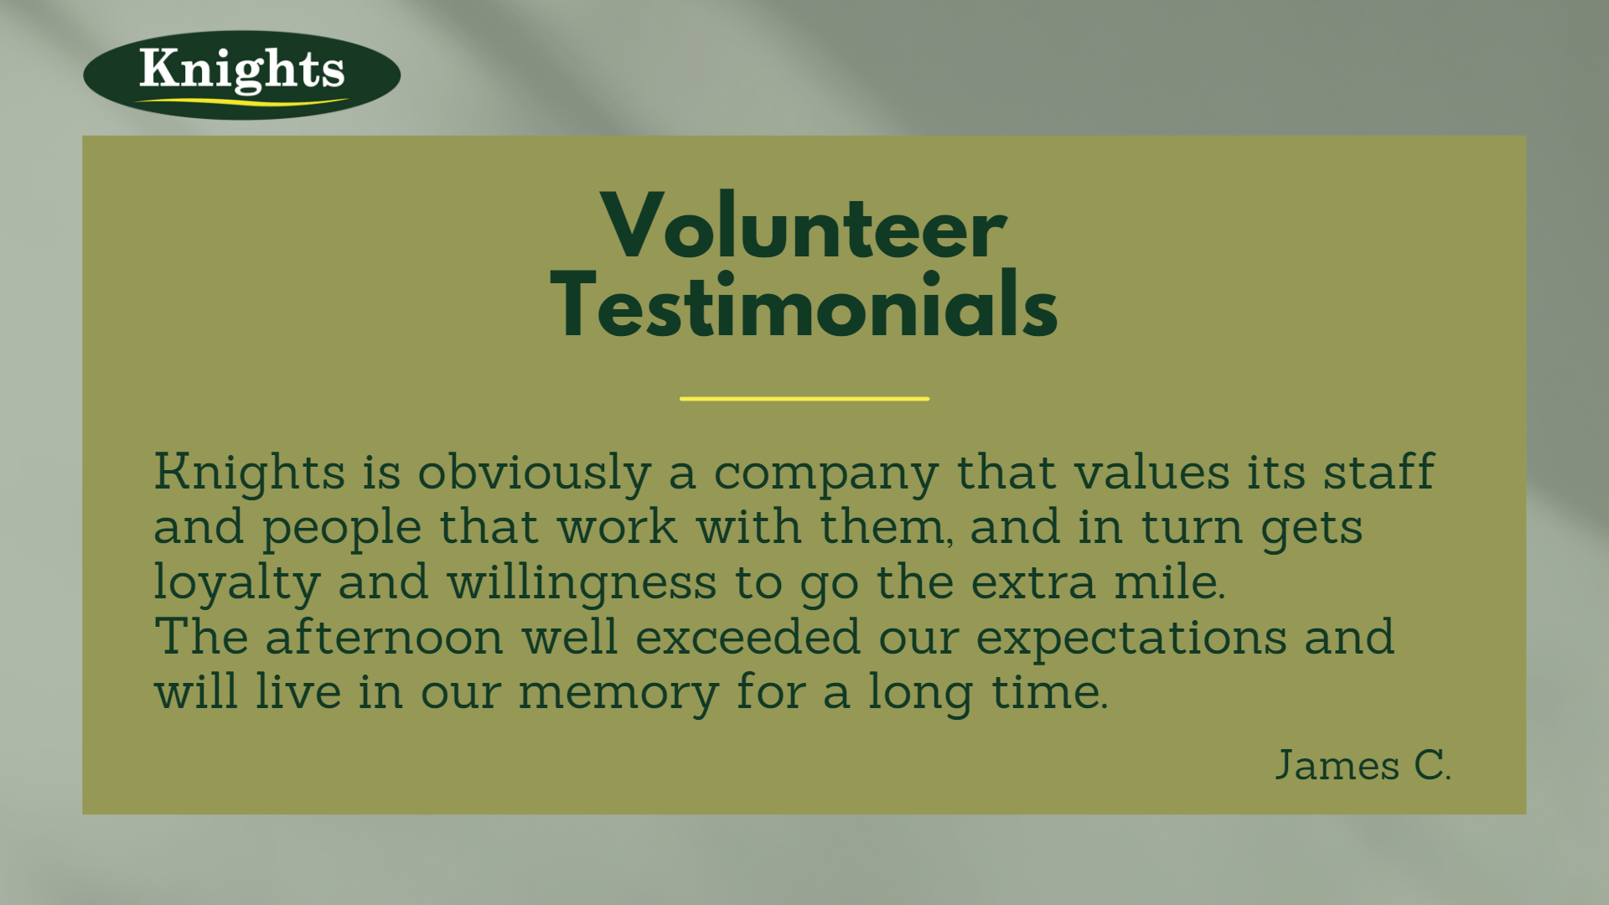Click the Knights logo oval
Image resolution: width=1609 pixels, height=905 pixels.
point(241,75)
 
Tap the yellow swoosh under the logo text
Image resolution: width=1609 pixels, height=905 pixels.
point(241,101)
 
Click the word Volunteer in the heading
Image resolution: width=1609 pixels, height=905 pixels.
point(804,226)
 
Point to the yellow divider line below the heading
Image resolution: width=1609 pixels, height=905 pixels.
point(804,399)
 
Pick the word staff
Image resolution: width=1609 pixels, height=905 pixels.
point(1379,471)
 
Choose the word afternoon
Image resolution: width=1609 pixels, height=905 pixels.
point(385,636)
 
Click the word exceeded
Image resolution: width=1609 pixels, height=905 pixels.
point(748,636)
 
